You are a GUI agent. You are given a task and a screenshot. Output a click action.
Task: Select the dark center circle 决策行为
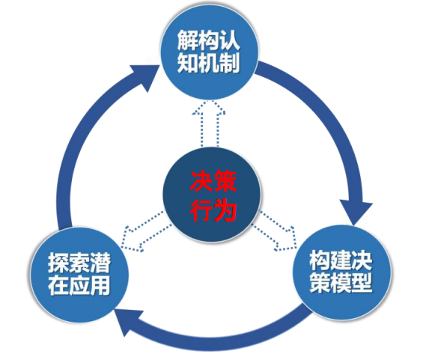(212, 195)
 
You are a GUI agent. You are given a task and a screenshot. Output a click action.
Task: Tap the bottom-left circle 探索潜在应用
(79, 275)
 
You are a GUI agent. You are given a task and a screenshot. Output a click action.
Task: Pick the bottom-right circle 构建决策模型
(341, 273)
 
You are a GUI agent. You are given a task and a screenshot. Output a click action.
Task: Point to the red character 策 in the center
(225, 182)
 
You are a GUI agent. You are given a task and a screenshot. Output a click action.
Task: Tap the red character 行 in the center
(201, 210)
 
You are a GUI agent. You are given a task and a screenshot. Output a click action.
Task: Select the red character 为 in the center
(225, 210)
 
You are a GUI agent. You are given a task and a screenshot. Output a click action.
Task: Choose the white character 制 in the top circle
(229, 63)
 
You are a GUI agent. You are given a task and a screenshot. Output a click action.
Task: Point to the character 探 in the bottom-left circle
(58, 263)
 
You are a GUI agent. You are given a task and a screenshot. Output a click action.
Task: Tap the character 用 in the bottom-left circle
(100, 284)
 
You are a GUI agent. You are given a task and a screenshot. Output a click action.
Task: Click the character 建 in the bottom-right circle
(341, 260)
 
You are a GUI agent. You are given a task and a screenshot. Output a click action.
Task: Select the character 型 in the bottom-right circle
(362, 283)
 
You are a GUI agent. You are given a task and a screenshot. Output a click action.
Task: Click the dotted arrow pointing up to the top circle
(209, 123)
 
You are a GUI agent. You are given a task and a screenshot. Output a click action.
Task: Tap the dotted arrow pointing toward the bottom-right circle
(276, 230)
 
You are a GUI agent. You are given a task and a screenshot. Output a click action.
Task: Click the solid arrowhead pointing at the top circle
(146, 77)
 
